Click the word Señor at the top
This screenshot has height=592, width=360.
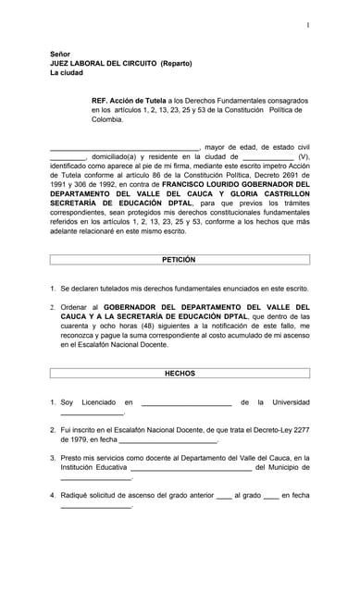click(61, 55)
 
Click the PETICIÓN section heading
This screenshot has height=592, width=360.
click(180, 260)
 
